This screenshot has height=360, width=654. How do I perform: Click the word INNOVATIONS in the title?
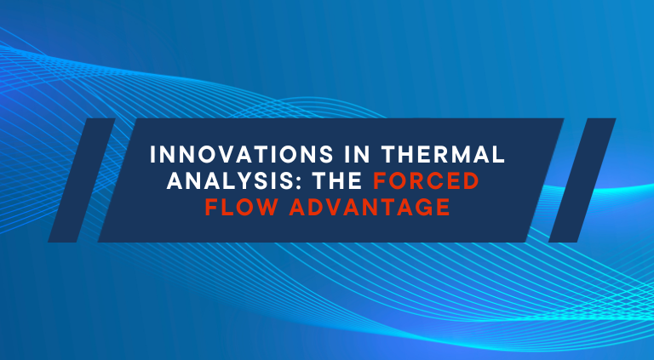[242, 155]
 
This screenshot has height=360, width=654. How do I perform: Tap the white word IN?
[359, 155]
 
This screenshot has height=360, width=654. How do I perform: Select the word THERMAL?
[444, 155]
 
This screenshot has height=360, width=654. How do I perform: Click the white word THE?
[338, 180]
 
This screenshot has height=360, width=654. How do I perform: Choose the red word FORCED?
[427, 180]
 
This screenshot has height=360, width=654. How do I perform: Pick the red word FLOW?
[241, 207]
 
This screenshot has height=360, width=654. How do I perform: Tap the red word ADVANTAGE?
[370, 207]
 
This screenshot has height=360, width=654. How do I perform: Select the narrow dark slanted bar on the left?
[82, 180]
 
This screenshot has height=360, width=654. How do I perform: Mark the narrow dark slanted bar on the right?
[582, 180]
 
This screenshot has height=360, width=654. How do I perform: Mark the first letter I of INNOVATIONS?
[152, 155]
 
